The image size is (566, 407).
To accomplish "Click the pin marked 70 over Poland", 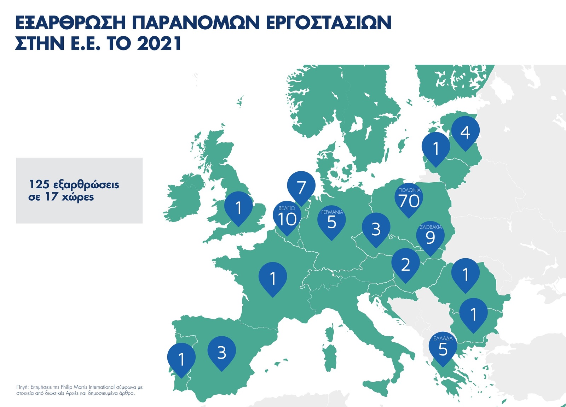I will click(x=409, y=199).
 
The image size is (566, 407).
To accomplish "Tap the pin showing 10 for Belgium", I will click(x=287, y=218).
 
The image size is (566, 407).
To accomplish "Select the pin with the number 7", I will click(x=301, y=187).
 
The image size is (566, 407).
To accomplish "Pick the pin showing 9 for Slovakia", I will click(x=430, y=237).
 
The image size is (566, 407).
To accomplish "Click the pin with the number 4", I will click(x=465, y=132).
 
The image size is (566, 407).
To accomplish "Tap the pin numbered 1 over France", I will click(x=273, y=278).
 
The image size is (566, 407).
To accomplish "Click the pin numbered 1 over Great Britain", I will click(x=238, y=208).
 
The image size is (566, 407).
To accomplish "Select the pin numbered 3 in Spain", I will click(x=221, y=352).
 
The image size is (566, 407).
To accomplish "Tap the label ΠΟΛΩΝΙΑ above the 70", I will click(x=409, y=190).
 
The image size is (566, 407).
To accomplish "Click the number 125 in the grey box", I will click(x=39, y=184).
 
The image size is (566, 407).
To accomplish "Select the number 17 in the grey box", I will click(x=51, y=197).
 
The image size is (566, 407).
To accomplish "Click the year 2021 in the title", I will click(x=159, y=43).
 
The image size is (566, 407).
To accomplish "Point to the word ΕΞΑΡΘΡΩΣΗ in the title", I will click(x=71, y=22).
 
